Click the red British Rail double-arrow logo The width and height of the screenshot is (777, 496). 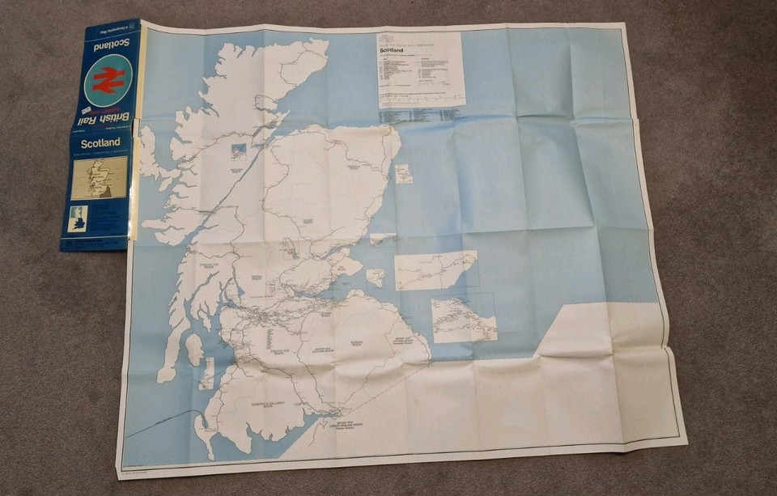(x=107, y=79)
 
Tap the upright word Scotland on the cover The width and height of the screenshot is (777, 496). (x=100, y=143)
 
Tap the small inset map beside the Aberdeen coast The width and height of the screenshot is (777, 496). (x=403, y=173)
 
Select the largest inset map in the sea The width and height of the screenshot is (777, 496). (x=435, y=269)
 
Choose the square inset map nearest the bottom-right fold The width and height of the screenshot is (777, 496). (x=464, y=317)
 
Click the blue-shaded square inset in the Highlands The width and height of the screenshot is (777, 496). (x=239, y=151)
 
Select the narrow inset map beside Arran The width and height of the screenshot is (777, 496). (x=208, y=372)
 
